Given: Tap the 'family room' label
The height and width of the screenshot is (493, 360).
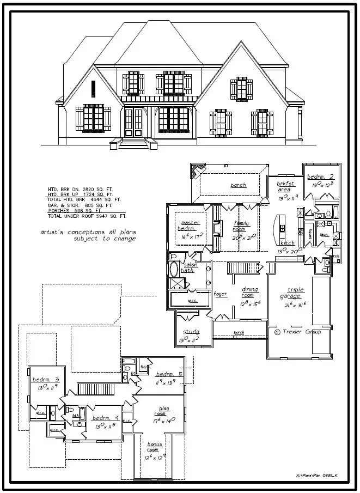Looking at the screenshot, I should [x=240, y=226].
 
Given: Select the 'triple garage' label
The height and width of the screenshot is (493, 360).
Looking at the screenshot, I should [x=296, y=293].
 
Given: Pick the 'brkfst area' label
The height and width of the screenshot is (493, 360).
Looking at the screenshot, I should [x=286, y=186].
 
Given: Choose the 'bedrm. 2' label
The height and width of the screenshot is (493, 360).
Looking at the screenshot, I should [x=320, y=177].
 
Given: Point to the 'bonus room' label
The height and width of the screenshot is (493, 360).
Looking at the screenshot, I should [x=155, y=447].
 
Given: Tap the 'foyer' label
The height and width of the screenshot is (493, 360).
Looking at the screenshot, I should [x=220, y=294].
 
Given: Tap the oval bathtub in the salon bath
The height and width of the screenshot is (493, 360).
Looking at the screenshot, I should [x=174, y=269].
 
